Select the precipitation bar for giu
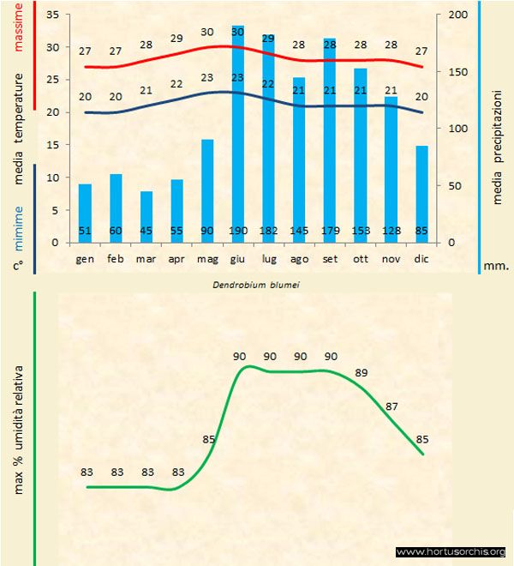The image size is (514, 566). click(238, 137)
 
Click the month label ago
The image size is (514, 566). click(299, 258)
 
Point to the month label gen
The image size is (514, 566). click(85, 258)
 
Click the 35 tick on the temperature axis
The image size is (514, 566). click(52, 15)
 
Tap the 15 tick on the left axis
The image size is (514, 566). click(52, 145)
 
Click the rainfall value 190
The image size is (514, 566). click(237, 231)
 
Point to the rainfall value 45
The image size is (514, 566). click(146, 231)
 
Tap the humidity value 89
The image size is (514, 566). click(361, 373)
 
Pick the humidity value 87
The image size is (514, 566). click(392, 406)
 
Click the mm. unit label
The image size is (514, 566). click(497, 266)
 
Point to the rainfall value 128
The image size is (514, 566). click(391, 231)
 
